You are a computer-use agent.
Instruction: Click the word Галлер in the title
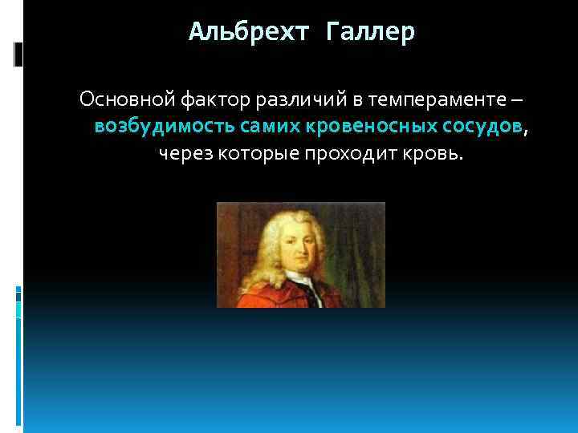coord(372,33)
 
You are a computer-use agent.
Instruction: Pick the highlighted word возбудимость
coord(165,127)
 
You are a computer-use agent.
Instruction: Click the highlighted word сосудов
coord(482,127)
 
